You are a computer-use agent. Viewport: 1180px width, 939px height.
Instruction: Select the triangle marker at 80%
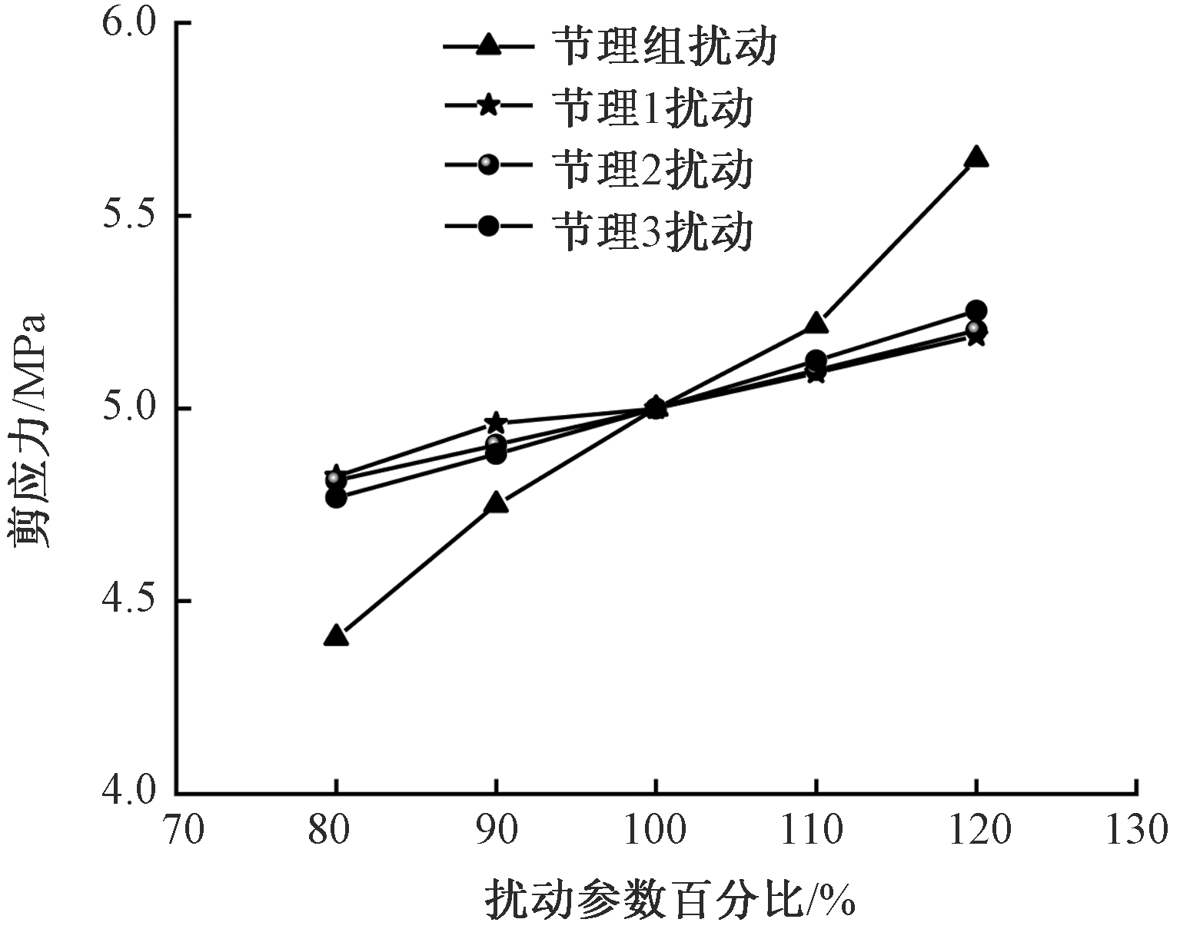pyautogui.click(x=336, y=635)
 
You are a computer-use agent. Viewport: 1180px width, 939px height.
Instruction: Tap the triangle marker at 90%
pyautogui.click(x=497, y=503)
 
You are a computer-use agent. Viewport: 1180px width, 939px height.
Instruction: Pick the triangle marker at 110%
pyautogui.click(x=816, y=324)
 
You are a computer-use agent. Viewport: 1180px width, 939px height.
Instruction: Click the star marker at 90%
pyautogui.click(x=497, y=423)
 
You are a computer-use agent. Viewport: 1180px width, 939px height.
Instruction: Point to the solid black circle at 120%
pyautogui.click(x=976, y=310)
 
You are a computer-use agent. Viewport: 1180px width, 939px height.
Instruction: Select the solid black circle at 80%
pyautogui.click(x=336, y=497)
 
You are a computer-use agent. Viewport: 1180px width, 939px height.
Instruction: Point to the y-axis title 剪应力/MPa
pyautogui.click(x=31, y=430)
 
